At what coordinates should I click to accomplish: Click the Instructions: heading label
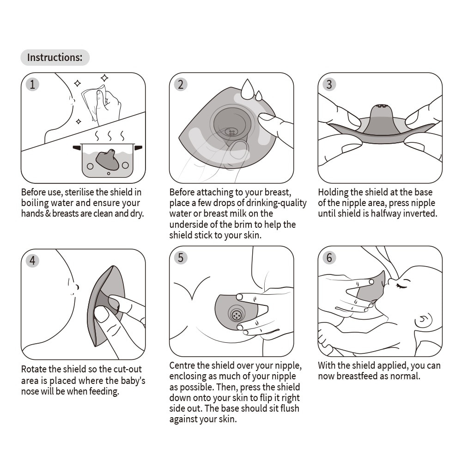55,58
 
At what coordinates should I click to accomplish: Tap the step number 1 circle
32,84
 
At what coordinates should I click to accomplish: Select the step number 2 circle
181,84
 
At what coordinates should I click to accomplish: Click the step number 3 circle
329,84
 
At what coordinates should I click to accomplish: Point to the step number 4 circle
32,261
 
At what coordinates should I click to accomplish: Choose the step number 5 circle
181,258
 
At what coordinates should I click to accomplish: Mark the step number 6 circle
329,258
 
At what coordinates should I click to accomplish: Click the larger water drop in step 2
247,90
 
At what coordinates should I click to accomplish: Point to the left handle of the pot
77,148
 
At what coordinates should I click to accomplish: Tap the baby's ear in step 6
424,319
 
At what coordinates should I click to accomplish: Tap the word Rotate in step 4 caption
34,369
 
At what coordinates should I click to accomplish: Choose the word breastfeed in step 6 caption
367,376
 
